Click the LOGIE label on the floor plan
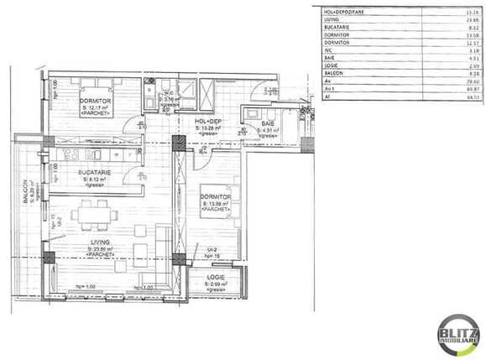[x=217, y=279]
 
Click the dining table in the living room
[x=91, y=217]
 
